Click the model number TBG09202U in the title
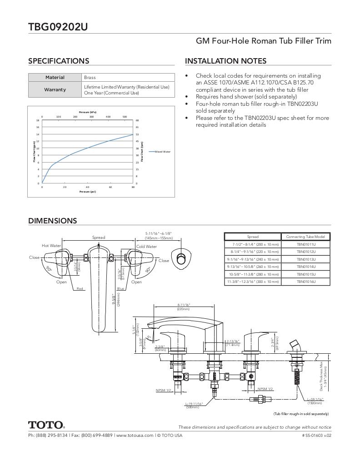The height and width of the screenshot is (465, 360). click(58, 27)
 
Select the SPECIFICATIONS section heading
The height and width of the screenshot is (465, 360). click(59, 61)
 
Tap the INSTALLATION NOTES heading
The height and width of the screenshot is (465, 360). click(225, 61)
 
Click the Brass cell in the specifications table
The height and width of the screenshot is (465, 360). click(90, 78)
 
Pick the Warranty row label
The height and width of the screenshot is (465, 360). click(55, 89)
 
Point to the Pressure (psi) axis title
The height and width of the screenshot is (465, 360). click(87, 192)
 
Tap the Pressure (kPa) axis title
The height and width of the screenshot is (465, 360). click(87, 112)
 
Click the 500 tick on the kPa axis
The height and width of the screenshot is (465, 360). click(125, 117)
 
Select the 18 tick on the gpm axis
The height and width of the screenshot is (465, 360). click(38, 120)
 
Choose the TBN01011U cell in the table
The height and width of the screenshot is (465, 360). click(306, 244)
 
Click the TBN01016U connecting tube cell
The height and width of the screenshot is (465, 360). click(306, 282)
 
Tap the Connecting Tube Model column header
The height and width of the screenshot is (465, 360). click(306, 237)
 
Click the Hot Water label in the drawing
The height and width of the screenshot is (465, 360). click(51, 246)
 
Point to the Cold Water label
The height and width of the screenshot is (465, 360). click(146, 247)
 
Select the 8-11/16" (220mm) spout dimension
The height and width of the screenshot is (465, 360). click(183, 307)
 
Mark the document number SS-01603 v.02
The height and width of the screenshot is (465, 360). click(316, 435)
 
